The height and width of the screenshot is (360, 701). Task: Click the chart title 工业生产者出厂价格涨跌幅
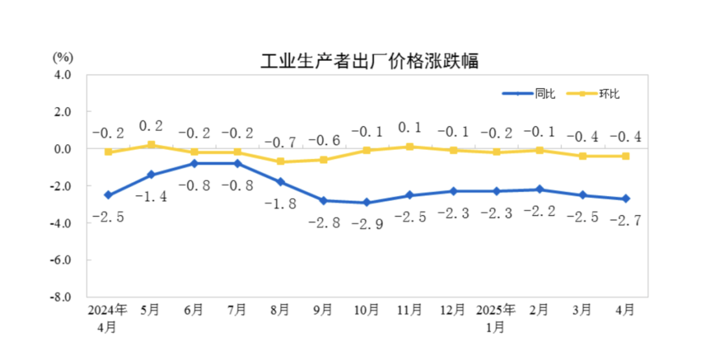369,62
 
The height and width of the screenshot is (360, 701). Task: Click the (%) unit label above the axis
62,56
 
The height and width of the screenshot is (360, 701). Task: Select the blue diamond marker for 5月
151,174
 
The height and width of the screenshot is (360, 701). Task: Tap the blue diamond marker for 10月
367,202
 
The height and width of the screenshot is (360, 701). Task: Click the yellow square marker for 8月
280,162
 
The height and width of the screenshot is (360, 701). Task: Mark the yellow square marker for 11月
410,147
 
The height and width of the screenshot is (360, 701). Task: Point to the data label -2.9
367,224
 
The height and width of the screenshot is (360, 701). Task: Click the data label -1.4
151,197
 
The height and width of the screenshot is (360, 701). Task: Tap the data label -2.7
625,221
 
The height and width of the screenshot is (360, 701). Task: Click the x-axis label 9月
323,310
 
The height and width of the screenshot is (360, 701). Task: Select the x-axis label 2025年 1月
496,318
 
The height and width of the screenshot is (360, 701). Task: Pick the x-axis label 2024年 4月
108,318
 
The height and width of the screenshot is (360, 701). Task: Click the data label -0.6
323,140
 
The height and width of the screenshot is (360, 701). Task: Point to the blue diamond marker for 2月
539,189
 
